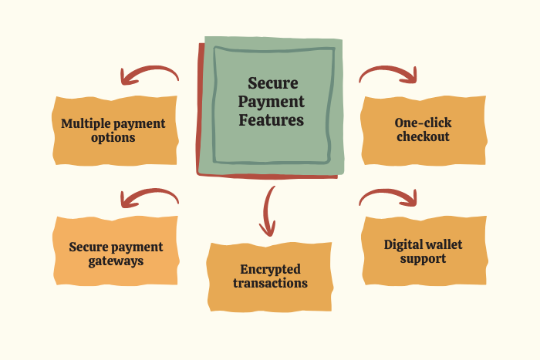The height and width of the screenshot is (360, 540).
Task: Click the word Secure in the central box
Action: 273,84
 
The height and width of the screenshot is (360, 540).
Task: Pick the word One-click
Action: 423,123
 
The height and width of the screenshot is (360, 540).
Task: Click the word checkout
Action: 423,137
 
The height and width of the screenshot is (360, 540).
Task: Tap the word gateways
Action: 116,261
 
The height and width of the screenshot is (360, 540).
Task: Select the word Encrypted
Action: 271,269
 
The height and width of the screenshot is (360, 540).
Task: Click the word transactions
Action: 271,284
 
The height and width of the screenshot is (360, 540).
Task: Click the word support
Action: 424,259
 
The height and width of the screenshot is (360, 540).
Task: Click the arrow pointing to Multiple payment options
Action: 148,75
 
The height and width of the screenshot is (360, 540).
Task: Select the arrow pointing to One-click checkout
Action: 389,74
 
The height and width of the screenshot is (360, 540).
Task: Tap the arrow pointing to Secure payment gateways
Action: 148,198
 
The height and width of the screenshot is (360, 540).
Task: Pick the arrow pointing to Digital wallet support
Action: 389,197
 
